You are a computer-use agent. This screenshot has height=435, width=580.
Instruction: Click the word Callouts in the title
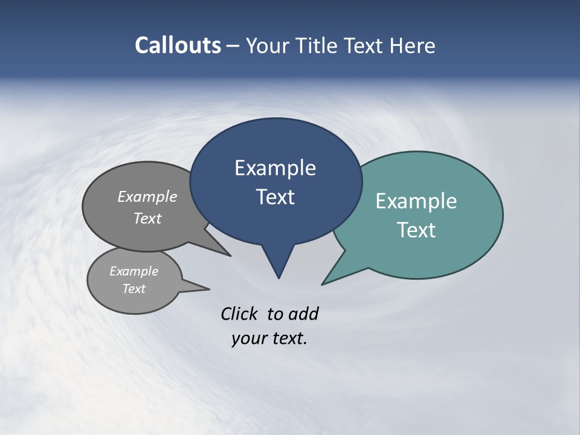[178, 45]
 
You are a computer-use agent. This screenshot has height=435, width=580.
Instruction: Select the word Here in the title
[412, 46]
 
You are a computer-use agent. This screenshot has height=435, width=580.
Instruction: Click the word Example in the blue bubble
[275, 168]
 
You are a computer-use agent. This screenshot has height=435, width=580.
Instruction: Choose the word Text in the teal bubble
[416, 230]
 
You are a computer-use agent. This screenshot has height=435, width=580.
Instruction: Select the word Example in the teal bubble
[416, 201]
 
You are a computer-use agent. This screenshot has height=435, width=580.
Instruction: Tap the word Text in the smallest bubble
[134, 289]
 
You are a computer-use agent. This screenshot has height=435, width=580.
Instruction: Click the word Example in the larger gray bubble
[147, 196]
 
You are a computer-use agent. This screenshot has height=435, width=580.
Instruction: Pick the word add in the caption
[303, 314]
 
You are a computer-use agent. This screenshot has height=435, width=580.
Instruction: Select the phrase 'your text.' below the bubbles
[269, 338]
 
